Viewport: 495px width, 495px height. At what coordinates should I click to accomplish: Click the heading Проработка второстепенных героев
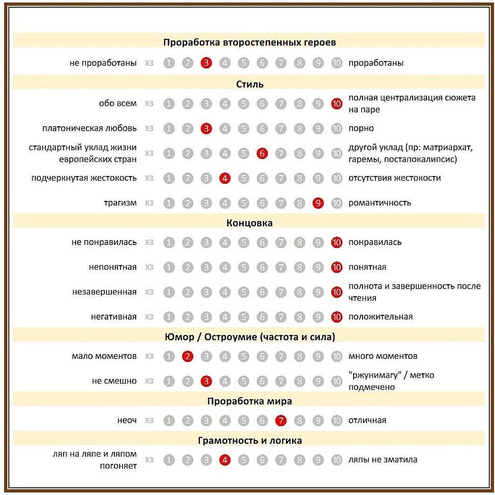(x=249, y=42)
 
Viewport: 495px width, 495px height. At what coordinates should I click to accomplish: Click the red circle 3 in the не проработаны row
(x=206, y=63)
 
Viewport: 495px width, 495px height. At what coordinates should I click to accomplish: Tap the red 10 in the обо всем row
(x=337, y=104)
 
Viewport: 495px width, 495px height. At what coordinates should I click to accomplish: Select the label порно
(x=361, y=128)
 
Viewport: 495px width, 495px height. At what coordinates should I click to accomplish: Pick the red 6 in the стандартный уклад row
(x=262, y=153)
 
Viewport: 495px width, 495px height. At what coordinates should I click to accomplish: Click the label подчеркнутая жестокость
(x=84, y=178)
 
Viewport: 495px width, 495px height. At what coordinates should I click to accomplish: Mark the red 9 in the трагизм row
(x=318, y=203)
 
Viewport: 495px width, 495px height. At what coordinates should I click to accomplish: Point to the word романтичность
(x=379, y=203)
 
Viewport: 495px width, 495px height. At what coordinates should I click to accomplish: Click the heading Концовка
(x=249, y=223)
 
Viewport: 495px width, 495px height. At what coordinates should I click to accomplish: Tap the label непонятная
(x=112, y=267)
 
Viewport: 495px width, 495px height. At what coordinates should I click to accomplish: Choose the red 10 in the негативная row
(x=337, y=317)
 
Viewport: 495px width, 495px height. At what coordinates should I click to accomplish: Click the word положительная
(x=380, y=317)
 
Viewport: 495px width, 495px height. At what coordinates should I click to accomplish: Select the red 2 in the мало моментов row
(x=188, y=356)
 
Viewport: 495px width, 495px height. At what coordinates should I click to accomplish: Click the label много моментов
(x=383, y=356)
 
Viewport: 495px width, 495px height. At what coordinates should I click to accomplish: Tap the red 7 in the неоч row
(x=281, y=421)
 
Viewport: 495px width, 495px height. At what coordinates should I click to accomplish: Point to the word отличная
(x=367, y=421)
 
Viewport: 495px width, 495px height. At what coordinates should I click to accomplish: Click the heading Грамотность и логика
(x=250, y=441)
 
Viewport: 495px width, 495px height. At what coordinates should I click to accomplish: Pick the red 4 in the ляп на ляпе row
(x=225, y=460)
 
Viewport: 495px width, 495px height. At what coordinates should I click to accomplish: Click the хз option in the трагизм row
(x=149, y=203)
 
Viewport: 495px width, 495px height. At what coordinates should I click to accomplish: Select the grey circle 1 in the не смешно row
(x=169, y=381)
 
